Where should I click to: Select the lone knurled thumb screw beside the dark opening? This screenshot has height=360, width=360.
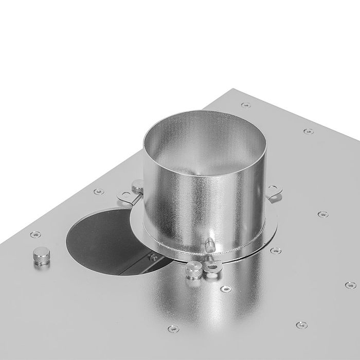(x=41, y=256)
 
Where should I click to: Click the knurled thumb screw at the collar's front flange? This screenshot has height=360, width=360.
(x=194, y=269)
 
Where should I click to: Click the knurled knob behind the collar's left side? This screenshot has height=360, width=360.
(x=137, y=186)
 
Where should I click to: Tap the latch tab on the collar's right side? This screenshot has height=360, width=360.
(x=274, y=192)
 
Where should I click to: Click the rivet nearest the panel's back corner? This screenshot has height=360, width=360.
(x=246, y=105)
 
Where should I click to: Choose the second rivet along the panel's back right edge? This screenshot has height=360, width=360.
(x=308, y=132)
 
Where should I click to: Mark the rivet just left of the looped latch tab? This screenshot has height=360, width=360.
(x=97, y=192)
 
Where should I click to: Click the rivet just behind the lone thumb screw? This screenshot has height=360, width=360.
(x=35, y=235)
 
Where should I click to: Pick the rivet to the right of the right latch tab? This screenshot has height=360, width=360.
(x=322, y=214)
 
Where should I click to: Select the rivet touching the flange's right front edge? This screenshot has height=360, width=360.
(x=276, y=251)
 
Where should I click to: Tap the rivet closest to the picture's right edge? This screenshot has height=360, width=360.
(x=350, y=285)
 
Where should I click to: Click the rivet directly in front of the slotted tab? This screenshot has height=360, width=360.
(x=225, y=289)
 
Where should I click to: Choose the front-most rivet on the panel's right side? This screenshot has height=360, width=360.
(x=302, y=325)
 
